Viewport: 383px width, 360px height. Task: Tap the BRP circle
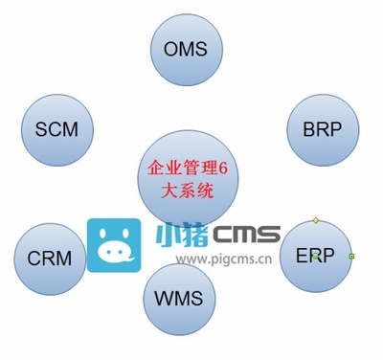click(x=322, y=130)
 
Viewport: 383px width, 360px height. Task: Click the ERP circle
click(x=315, y=258)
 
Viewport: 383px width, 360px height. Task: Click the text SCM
click(x=56, y=129)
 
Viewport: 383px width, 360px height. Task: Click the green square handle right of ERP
click(x=351, y=257)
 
